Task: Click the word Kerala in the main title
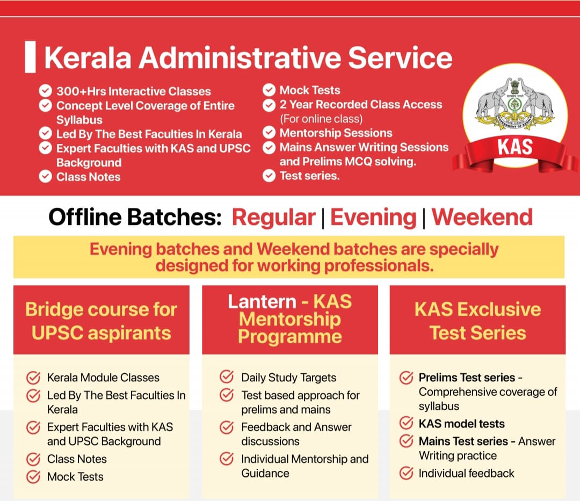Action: tap(88, 57)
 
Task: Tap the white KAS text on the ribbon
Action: tap(515, 147)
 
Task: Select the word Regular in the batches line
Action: tap(274, 217)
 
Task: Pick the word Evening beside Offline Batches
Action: tap(373, 217)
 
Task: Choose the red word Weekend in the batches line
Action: tap(482, 217)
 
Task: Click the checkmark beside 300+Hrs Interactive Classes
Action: tap(46, 91)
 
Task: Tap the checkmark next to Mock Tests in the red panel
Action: tap(269, 90)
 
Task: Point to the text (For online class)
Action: tap(321, 119)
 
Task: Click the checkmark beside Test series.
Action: tap(269, 175)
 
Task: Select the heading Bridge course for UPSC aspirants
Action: tap(102, 321)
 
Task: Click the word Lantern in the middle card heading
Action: tap(262, 302)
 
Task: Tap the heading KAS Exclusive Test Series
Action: tap(477, 321)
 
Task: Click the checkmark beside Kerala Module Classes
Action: tap(33, 377)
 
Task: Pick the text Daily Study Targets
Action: tap(288, 377)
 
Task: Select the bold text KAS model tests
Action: tap(461, 424)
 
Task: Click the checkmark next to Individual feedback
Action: tap(406, 473)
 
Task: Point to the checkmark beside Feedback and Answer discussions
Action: tap(227, 427)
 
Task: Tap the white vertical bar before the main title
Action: tap(30, 57)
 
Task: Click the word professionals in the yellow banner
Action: tap(379, 266)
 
